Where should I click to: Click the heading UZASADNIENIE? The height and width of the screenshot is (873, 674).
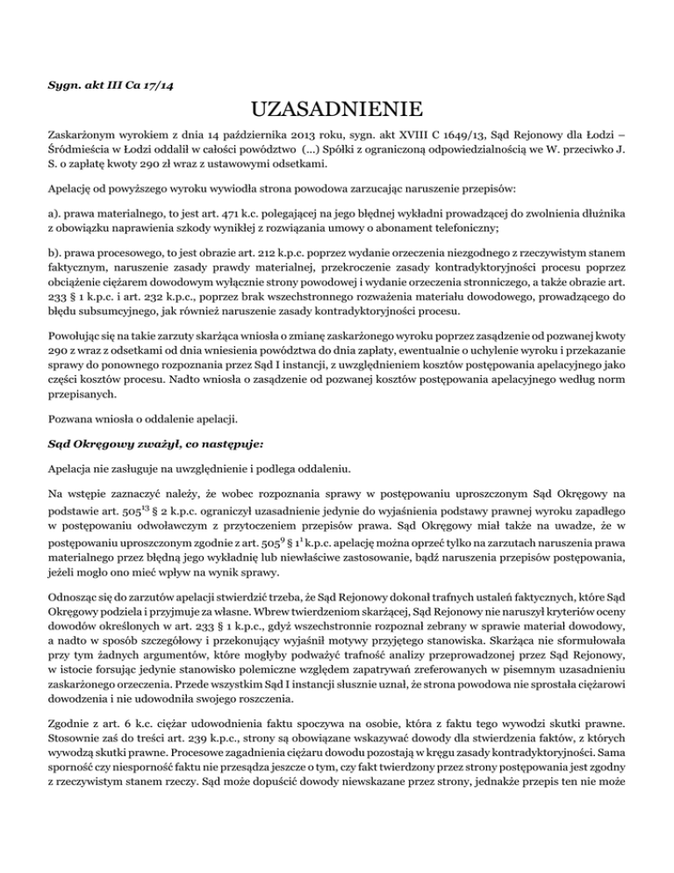pos(337,111)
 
